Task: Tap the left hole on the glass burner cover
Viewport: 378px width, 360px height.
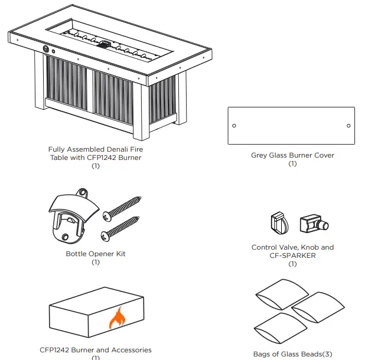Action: pos(234,126)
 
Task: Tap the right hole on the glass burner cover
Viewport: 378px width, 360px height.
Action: pos(348,126)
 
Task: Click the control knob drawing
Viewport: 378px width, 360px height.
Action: pos(278,224)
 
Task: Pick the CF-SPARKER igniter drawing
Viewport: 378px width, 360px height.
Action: pos(312,224)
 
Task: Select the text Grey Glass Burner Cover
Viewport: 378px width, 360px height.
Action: pos(292,155)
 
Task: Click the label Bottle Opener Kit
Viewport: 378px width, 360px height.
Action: pos(96,254)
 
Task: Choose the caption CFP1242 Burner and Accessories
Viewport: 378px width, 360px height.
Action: pos(96,350)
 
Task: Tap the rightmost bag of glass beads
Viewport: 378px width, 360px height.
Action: pos(320,307)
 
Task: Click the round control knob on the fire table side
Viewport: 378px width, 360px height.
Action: pos(45,48)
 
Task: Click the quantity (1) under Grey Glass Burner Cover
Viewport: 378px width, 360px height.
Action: pos(292,163)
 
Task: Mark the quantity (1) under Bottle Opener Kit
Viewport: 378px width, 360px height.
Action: pos(96,262)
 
